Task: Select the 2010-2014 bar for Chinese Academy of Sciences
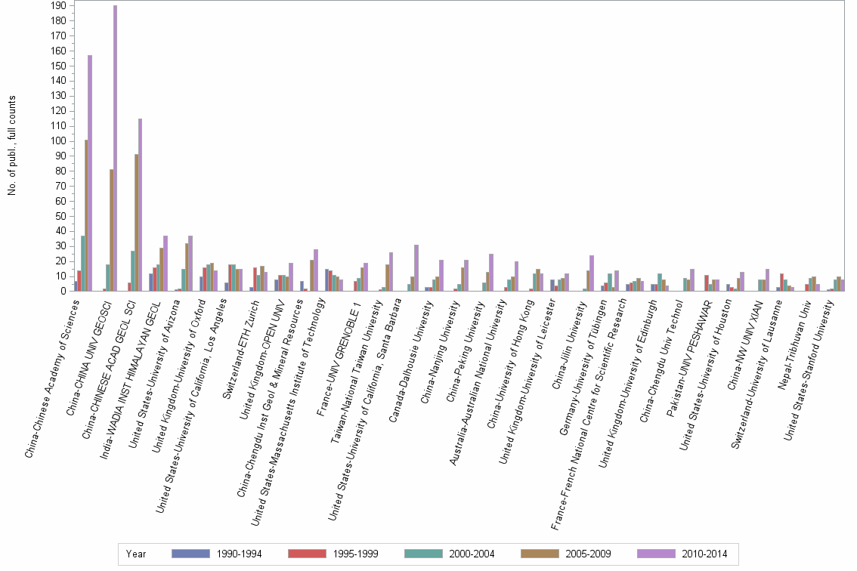(90, 173)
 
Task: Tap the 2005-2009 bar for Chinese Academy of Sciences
(86, 215)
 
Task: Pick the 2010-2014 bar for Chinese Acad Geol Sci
(140, 205)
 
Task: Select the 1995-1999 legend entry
(332, 554)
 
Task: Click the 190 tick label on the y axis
(57, 5)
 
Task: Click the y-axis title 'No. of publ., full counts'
(12, 146)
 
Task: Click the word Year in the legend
(136, 554)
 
